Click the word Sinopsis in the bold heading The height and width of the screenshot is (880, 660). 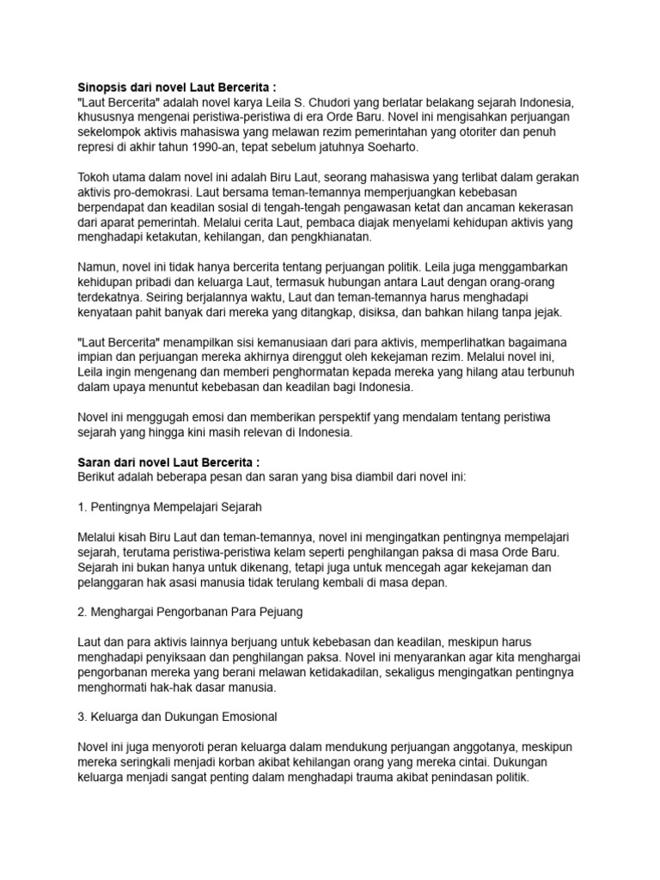coord(103,87)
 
